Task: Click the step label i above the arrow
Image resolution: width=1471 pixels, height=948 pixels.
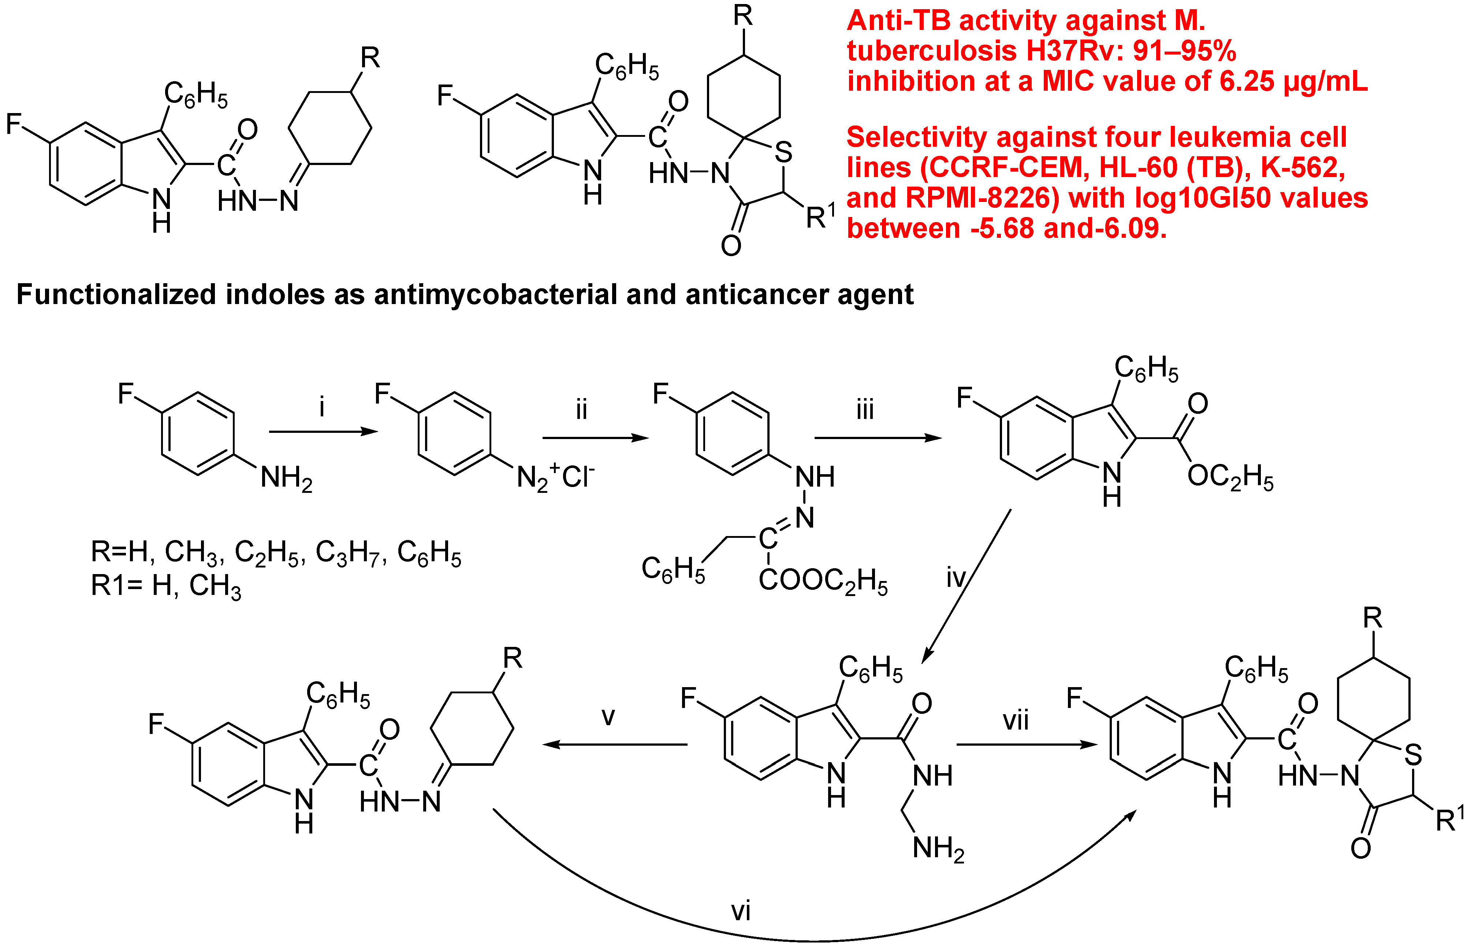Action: click(321, 408)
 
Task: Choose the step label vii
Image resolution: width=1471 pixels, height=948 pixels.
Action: click(1016, 720)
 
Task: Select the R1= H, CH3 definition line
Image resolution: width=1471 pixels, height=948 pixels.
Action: click(166, 586)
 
